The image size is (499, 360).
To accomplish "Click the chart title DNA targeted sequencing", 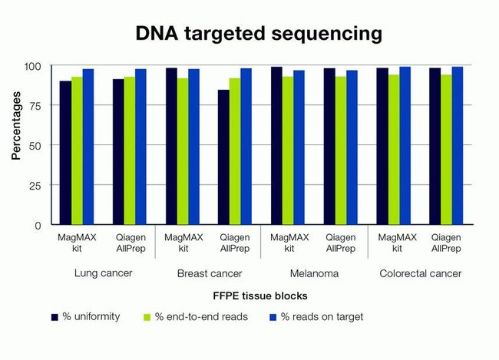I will click(258, 35).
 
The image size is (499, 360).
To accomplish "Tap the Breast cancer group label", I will click(208, 273).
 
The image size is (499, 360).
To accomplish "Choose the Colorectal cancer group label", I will click(419, 273).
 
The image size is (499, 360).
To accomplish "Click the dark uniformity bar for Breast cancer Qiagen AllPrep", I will click(223, 157).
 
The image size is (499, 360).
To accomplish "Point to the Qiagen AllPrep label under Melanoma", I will click(340, 243).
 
